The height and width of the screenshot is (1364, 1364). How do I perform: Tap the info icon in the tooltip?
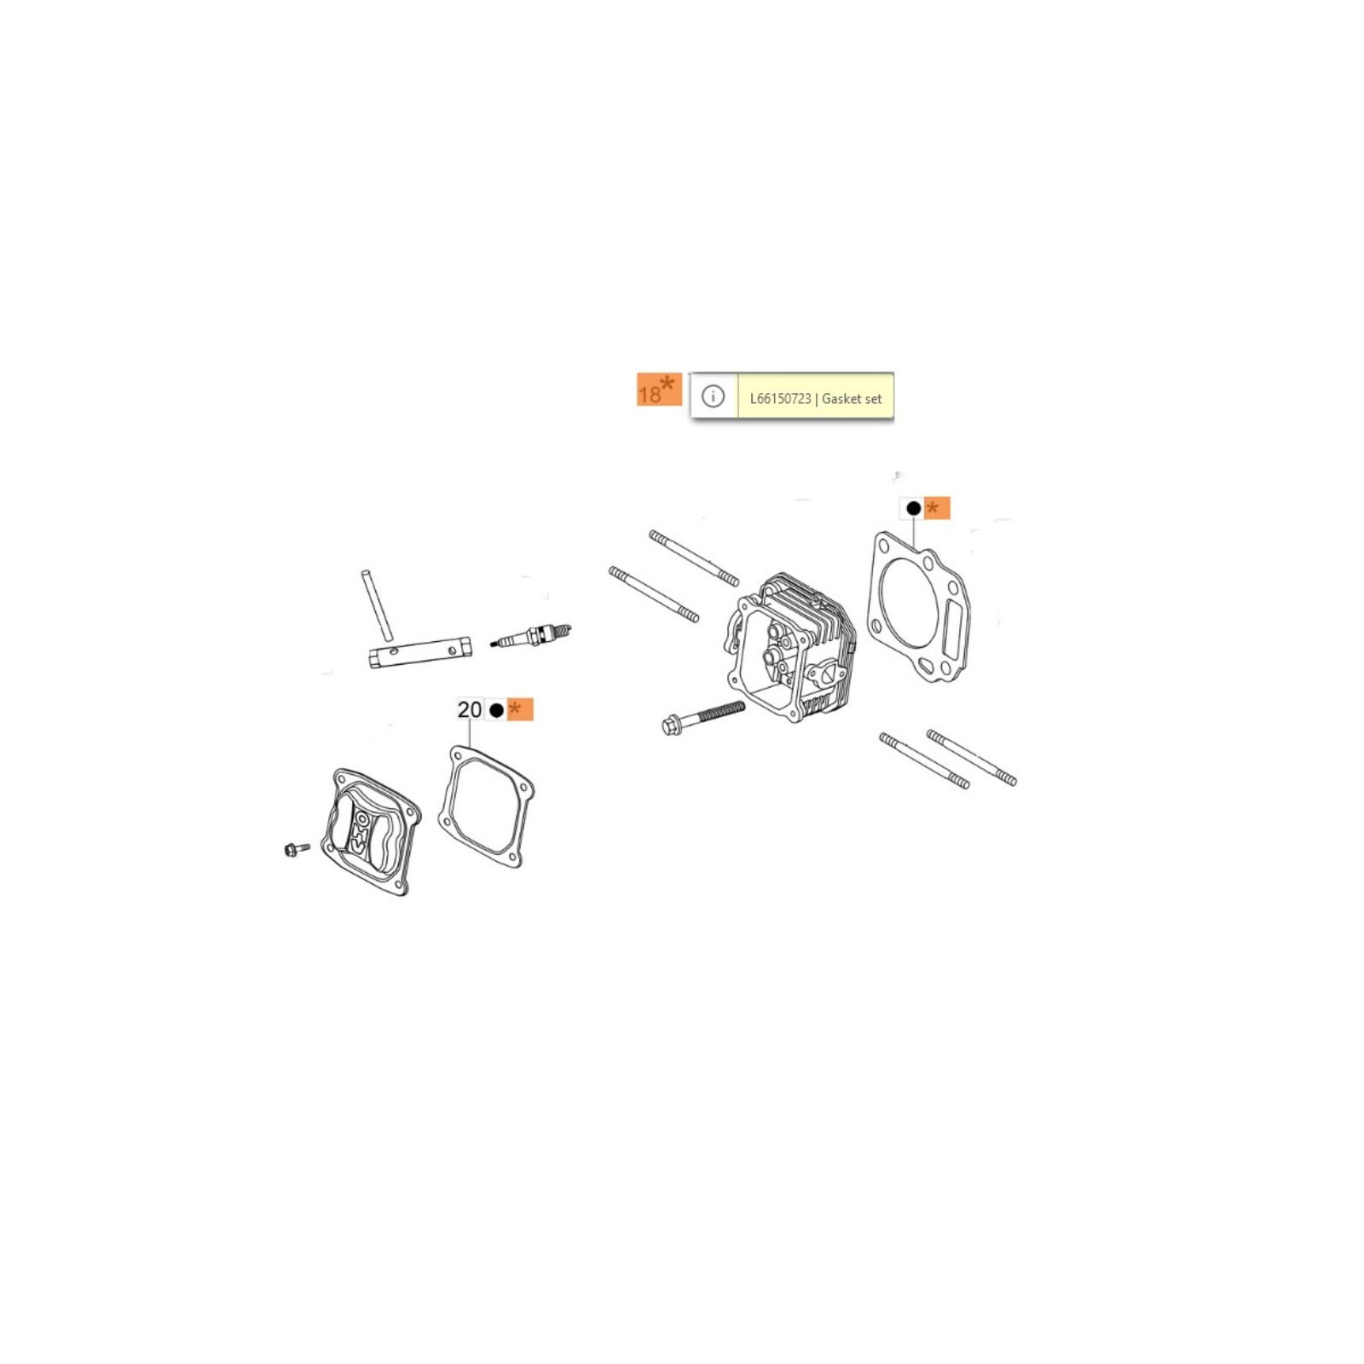[x=713, y=396]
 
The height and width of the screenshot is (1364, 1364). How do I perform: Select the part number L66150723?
[x=780, y=398]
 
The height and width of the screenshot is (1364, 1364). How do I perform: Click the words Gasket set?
[x=852, y=398]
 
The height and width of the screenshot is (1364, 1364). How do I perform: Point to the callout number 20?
[x=470, y=709]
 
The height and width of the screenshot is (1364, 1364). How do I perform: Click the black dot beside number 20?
[x=497, y=710]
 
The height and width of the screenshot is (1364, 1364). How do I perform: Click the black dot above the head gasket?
[x=913, y=508]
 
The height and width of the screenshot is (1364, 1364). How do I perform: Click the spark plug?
[x=531, y=637]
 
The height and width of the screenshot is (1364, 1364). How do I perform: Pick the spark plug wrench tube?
[x=420, y=651]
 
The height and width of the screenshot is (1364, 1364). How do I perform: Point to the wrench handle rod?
[x=376, y=604]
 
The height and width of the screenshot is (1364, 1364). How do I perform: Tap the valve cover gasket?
[x=486, y=806]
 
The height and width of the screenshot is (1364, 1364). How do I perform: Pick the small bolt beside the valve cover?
[x=296, y=849]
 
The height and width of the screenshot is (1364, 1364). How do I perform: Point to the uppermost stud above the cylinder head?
[x=694, y=558]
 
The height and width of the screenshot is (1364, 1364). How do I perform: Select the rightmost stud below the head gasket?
[x=972, y=757]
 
